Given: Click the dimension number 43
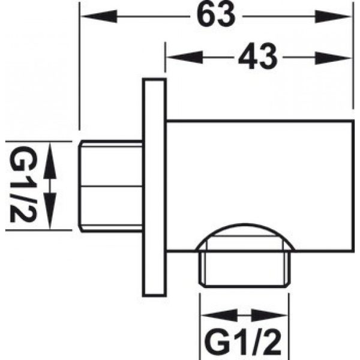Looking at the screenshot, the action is [x=258, y=57].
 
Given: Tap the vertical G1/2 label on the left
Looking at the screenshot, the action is [x=23, y=184].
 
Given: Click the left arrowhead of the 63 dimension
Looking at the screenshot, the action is [x=99, y=16].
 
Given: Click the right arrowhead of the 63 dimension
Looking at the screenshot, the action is [x=333, y=16].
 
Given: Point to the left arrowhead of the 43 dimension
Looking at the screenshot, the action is [x=185, y=58].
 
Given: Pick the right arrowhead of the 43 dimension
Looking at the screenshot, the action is [x=333, y=58].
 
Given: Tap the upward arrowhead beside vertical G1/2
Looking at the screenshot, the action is [x=50, y=160].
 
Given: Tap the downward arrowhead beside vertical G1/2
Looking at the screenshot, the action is [x=50, y=211].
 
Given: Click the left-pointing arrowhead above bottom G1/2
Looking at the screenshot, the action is [x=219, y=315].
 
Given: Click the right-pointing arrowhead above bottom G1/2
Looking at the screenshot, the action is [x=269, y=315].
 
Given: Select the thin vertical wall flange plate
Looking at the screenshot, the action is [x=154, y=187].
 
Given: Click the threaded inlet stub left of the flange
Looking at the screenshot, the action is [x=110, y=186].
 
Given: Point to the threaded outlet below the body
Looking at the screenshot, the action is [x=245, y=269].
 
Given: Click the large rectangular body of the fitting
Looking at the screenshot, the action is [x=260, y=186].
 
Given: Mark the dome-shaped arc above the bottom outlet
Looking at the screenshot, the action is [x=245, y=224].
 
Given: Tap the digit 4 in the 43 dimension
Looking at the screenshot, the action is [x=247, y=57].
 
